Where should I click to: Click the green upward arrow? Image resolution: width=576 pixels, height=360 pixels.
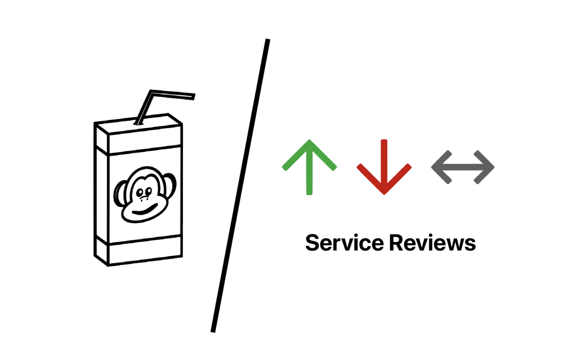tap(309, 167)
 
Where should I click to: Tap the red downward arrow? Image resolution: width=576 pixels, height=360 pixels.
tap(384, 167)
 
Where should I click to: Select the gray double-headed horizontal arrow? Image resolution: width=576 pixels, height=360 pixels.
tap(463, 167)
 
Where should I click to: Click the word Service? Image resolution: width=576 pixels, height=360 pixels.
tap(345, 242)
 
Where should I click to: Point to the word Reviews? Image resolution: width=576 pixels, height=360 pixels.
tap(432, 242)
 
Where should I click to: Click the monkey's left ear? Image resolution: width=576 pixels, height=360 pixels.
tap(120, 193)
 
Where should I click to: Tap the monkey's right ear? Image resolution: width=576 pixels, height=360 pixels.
tap(170, 185)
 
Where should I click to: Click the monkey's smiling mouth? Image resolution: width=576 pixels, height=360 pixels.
tap(145, 209)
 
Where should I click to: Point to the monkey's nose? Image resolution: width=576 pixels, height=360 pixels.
tap(144, 199)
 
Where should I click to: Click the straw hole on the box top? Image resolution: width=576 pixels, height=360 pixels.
tap(138, 124)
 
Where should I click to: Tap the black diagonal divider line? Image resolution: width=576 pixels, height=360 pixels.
tap(240, 186)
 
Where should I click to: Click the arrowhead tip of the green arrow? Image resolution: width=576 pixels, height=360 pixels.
tap(309, 140)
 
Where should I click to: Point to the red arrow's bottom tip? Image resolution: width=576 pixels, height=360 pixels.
tap(384, 194)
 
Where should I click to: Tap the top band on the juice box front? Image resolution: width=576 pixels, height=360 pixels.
tap(145, 140)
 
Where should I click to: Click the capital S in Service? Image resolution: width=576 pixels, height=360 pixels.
tap(312, 242)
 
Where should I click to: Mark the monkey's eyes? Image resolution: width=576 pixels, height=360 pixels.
tap(144, 192)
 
